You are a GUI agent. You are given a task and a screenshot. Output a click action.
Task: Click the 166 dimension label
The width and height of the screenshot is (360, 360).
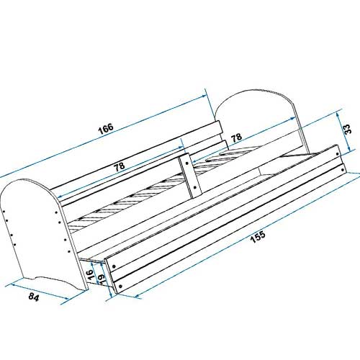(x=106, y=129)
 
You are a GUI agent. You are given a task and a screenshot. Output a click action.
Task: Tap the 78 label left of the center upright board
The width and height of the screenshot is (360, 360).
(x=120, y=166)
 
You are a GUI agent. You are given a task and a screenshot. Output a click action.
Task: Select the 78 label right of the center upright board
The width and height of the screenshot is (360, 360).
(x=236, y=138)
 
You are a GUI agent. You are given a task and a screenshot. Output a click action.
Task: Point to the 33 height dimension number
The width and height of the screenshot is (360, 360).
(x=348, y=129)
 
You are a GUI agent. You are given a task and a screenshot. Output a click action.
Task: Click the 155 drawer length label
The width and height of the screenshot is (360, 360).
(x=258, y=237)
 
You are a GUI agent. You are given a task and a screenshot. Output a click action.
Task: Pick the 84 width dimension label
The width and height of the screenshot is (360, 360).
(x=34, y=297)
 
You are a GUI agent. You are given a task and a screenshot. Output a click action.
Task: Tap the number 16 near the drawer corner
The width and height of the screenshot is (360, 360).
(x=89, y=274)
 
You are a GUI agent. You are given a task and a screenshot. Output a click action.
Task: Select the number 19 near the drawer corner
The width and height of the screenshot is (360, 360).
(x=102, y=279)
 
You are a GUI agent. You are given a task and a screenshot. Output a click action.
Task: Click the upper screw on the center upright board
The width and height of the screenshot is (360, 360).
(x=187, y=163)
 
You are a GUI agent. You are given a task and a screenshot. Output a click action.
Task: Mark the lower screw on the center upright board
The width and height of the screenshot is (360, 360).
(x=194, y=187)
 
